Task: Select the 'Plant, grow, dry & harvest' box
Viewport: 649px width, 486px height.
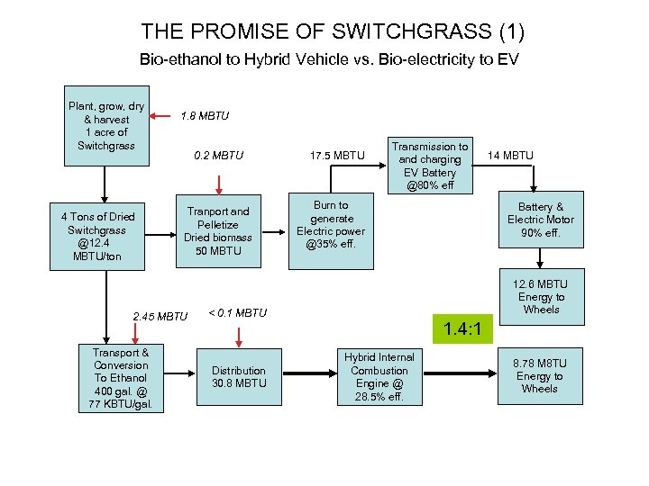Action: click(x=106, y=126)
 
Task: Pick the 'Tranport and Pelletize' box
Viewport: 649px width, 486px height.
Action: click(x=219, y=231)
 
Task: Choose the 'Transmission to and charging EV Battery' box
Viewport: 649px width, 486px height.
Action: click(x=433, y=166)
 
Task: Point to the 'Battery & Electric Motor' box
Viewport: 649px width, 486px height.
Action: click(x=540, y=220)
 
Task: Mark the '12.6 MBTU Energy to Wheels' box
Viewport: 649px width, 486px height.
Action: click(x=540, y=297)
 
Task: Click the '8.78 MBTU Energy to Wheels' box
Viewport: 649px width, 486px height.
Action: click(x=540, y=376)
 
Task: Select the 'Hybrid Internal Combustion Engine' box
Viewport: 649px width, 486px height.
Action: click(x=379, y=376)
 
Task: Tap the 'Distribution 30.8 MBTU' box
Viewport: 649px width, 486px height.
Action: click(x=238, y=376)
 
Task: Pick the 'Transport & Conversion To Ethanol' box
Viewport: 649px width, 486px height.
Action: click(x=121, y=378)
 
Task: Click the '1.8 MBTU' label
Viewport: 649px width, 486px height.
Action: click(x=205, y=116)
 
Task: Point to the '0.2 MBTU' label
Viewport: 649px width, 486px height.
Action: click(x=219, y=156)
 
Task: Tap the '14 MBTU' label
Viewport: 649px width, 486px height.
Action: click(x=510, y=156)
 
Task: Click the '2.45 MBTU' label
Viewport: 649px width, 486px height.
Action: click(x=160, y=316)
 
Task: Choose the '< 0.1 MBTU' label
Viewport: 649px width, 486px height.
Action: click(x=238, y=313)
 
